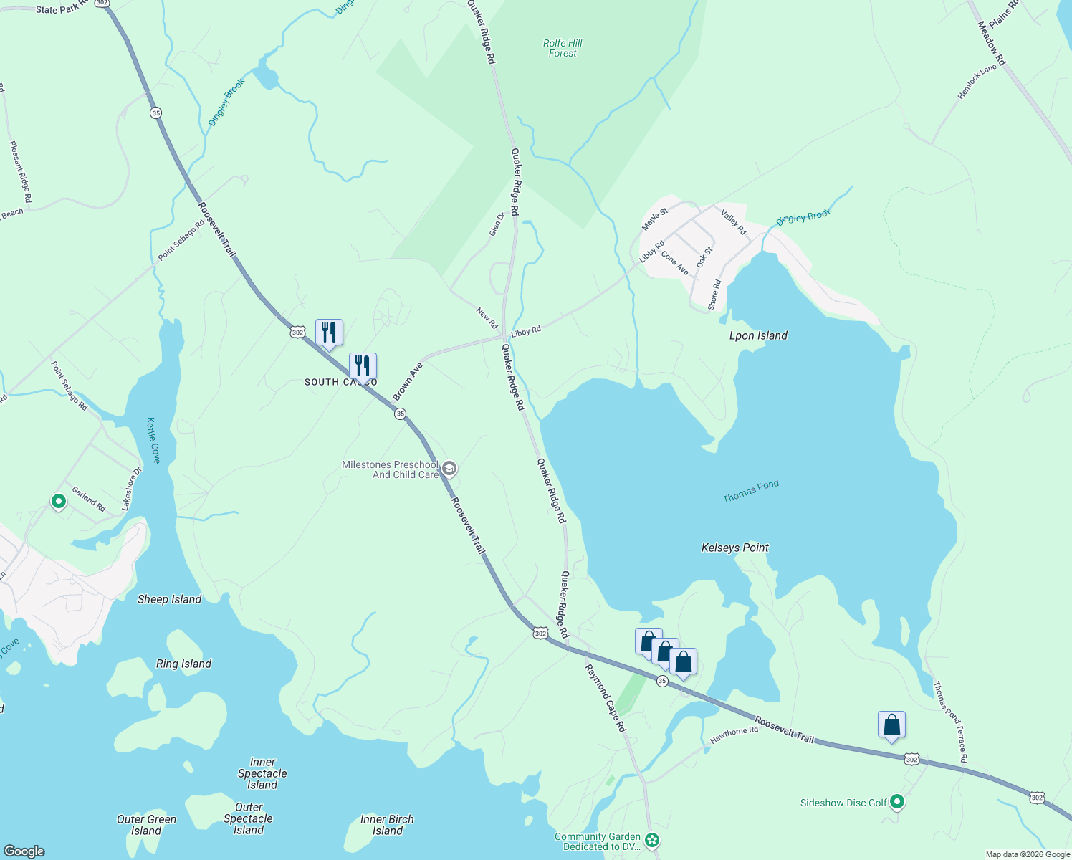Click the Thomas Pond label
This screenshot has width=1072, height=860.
[750, 491]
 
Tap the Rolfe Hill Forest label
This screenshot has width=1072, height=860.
[563, 48]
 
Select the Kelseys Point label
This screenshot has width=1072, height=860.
[734, 548]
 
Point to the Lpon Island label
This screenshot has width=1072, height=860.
[758, 335]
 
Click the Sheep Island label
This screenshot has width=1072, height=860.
[169, 599]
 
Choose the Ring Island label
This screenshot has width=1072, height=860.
[183, 664]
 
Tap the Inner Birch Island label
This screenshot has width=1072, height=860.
[387, 825]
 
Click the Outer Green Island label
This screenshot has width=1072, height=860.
[146, 825]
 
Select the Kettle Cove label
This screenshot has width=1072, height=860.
[153, 440]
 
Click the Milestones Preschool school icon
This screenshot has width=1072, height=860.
[449, 469]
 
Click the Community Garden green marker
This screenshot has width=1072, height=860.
[652, 840]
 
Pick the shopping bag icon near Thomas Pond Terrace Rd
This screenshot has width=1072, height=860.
[891, 725]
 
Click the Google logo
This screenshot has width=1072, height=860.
[24, 851]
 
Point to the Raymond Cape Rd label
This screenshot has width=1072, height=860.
[606, 698]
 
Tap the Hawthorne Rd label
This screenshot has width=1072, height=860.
[734, 735]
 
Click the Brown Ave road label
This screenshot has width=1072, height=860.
[408, 381]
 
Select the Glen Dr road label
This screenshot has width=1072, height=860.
[497, 224]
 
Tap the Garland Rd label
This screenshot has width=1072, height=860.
[88, 499]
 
